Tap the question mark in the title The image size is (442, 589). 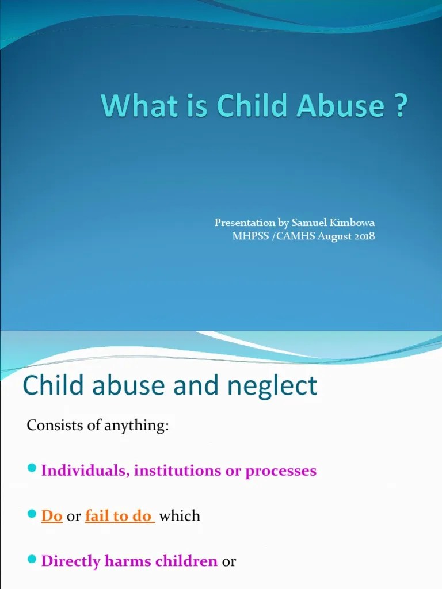click(x=401, y=107)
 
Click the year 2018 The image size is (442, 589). click(x=363, y=236)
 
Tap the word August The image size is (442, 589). click(x=331, y=236)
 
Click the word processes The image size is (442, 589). click(x=281, y=471)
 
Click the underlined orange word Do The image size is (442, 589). click(x=52, y=516)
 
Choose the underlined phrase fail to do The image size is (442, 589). click(x=119, y=516)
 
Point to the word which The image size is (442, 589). click(x=180, y=516)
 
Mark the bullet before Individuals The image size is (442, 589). click(x=32, y=470)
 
